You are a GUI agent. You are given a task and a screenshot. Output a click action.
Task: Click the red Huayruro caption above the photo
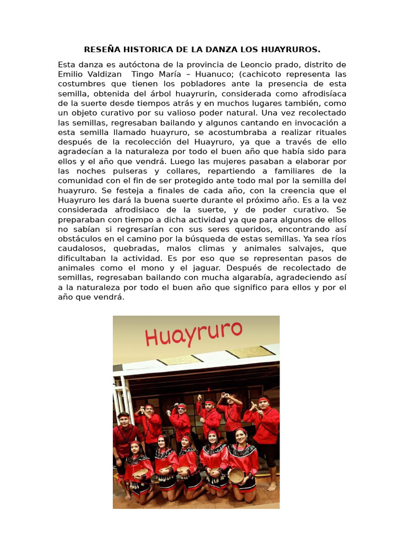click(194, 333)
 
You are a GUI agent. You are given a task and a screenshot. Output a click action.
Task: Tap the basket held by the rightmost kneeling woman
click(236, 475)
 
